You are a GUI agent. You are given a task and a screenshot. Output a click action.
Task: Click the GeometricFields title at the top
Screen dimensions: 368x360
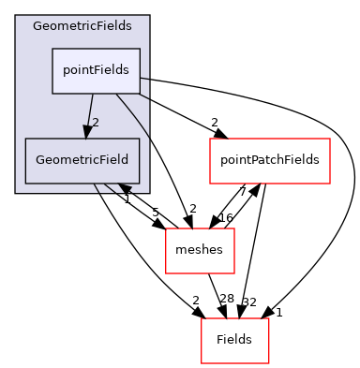click(82, 26)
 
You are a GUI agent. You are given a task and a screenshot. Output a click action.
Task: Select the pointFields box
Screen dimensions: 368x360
click(97, 70)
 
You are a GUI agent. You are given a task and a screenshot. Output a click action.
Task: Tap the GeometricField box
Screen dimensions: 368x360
click(82, 160)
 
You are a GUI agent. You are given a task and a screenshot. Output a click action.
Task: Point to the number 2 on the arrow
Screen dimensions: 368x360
click(96, 123)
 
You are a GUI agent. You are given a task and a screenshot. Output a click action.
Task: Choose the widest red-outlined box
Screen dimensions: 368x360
click(269, 161)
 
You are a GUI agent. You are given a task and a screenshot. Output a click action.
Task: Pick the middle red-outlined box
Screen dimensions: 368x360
click(200, 250)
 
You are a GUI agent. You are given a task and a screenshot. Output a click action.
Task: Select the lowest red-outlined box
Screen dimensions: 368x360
click(235, 341)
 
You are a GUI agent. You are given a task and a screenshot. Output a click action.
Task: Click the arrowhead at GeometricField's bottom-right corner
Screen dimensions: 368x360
click(125, 190)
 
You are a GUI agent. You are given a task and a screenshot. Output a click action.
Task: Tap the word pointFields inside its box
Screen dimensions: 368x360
click(97, 70)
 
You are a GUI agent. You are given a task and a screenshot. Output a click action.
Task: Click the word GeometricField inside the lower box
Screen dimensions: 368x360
click(82, 160)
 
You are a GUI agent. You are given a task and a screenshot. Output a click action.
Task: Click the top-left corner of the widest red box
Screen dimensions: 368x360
click(210, 140)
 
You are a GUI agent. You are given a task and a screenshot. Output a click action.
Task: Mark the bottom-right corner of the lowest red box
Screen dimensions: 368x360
click(269, 363)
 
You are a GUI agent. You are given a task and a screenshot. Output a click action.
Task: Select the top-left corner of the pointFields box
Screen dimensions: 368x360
click(52, 49)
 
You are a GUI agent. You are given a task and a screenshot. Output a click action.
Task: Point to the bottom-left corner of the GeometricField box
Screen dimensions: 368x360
click(25, 183)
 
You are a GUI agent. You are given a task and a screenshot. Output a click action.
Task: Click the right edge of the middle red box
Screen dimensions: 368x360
click(233, 250)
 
